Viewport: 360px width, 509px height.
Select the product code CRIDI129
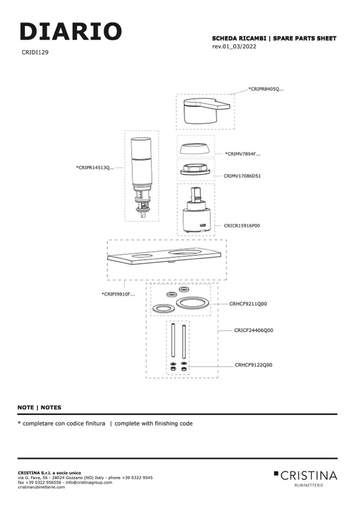pos(35,53)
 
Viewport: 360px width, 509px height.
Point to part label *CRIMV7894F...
pos(243,154)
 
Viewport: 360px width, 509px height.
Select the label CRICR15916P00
pos(242,226)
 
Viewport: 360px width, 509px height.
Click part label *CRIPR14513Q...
pos(95,168)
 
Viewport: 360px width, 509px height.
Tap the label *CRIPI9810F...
pos(118,294)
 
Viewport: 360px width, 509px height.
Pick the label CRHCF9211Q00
pos(248,304)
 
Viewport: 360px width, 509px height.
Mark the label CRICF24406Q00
pos(253,330)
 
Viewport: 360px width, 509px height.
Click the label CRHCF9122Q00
pos(253,365)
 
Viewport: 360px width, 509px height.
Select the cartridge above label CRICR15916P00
pos(195,212)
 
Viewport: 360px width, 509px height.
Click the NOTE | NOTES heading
pos(39,408)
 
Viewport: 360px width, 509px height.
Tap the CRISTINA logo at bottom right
pos(305,475)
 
